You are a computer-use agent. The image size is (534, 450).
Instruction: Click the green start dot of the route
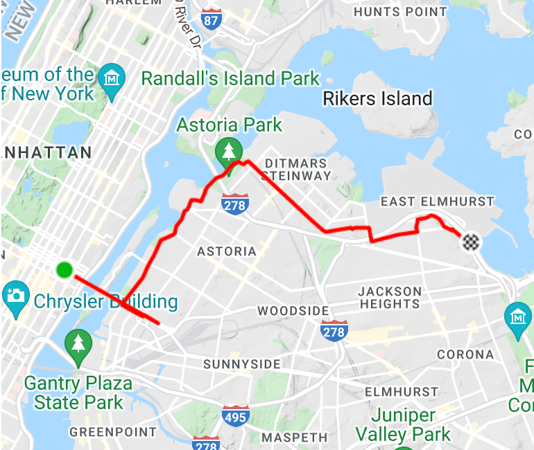coord(64,269)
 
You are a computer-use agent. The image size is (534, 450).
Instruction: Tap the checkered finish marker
coord(472,242)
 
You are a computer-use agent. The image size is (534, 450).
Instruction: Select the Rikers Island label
coord(378,99)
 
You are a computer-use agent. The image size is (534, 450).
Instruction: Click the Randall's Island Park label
coord(230,78)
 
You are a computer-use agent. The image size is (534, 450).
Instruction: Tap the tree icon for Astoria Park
coord(228,150)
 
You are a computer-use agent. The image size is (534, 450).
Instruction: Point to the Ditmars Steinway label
coord(296,170)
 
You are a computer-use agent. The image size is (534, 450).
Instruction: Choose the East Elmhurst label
coord(438,201)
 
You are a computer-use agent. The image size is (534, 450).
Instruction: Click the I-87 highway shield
coord(212,19)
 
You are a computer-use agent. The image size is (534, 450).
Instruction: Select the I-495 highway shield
coord(236,416)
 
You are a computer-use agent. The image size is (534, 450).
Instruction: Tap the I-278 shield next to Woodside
coord(334,331)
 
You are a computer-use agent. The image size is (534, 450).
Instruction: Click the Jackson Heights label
coord(390,297)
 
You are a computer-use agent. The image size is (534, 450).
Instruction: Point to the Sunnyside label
coord(242,364)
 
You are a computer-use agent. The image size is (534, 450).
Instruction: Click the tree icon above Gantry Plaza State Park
coord(78,343)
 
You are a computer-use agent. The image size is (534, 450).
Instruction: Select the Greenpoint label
coord(113,432)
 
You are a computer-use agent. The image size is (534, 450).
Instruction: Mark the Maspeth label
coord(295,437)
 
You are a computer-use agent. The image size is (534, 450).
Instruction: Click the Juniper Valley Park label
coord(403,425)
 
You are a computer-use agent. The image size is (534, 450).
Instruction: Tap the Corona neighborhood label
coord(465,354)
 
